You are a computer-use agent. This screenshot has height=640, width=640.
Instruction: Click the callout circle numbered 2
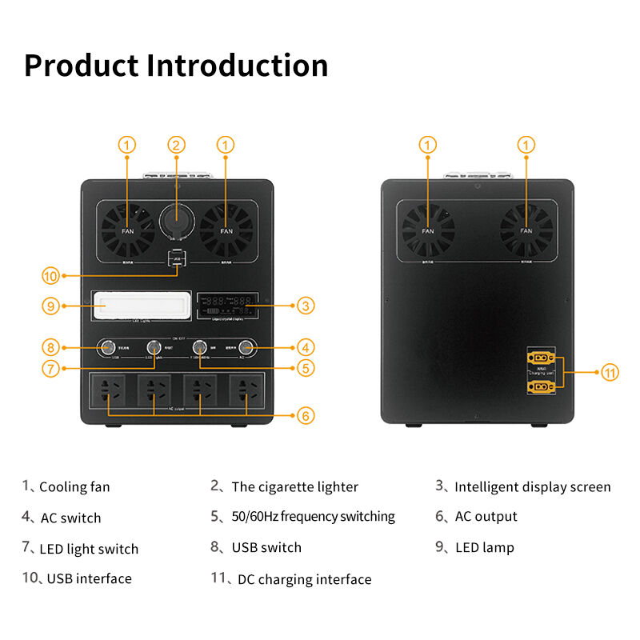point(176,145)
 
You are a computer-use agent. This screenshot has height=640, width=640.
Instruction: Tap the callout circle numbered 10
point(50,276)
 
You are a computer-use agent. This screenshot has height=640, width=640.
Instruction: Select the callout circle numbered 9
point(50,305)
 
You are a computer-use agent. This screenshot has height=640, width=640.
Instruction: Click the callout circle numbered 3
point(305,305)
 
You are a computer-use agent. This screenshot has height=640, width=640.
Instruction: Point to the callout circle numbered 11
point(610,372)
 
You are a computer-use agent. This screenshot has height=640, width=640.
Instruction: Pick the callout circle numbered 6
point(305,416)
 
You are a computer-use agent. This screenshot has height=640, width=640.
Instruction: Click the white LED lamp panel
point(142,305)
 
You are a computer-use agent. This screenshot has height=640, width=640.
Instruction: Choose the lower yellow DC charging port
point(541,386)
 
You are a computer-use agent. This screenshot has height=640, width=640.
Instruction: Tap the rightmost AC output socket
point(246,391)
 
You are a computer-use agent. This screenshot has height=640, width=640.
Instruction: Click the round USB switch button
point(105,347)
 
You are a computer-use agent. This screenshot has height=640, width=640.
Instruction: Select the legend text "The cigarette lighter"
point(294,486)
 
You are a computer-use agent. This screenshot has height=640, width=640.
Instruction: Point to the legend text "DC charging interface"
point(304,579)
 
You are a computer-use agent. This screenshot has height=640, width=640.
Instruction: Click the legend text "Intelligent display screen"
point(532,486)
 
